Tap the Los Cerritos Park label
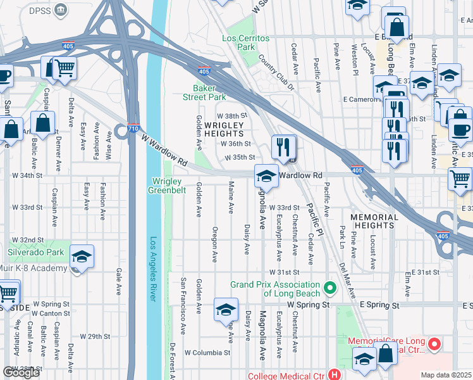click(246, 42)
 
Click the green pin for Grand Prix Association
click(329, 288)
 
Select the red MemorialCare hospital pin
click(434, 345)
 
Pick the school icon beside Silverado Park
click(82, 256)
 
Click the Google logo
click(21, 372)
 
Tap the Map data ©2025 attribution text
click(446, 375)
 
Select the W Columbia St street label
click(207, 352)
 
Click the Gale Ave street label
click(118, 281)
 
